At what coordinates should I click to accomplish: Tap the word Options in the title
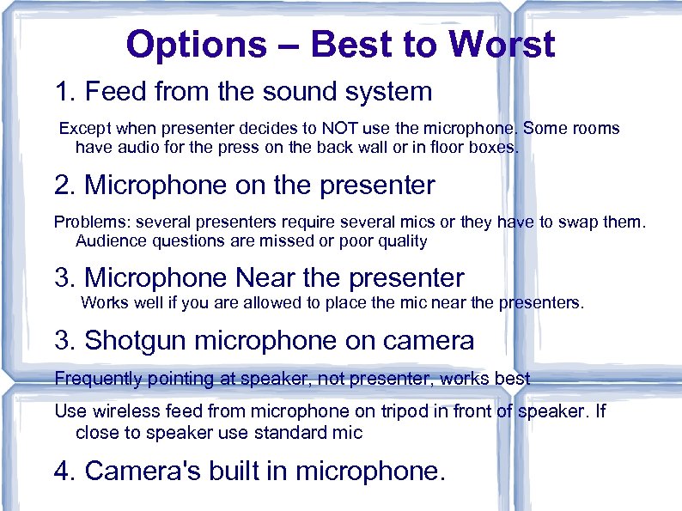[x=197, y=45]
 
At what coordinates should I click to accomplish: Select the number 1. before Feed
[x=66, y=91]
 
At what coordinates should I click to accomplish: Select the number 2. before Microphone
[x=66, y=185]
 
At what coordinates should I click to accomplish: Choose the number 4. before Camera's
[x=66, y=471]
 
